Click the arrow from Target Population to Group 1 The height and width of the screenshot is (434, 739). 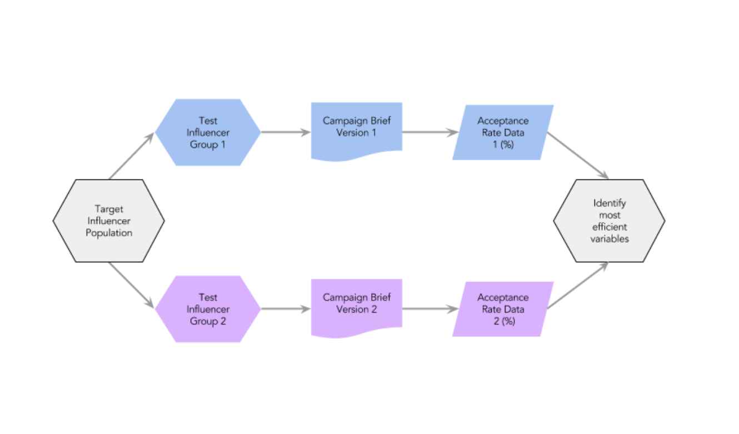(132, 155)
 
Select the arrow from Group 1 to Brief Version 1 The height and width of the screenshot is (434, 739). (286, 132)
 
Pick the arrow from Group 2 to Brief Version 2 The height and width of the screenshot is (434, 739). (286, 309)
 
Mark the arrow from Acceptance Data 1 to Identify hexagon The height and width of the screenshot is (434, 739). (578, 155)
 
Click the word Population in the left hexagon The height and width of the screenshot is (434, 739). (109, 233)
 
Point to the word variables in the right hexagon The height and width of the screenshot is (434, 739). (610, 239)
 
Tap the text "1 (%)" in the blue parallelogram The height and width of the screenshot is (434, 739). (503, 144)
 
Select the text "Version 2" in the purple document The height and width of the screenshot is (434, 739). (356, 309)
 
